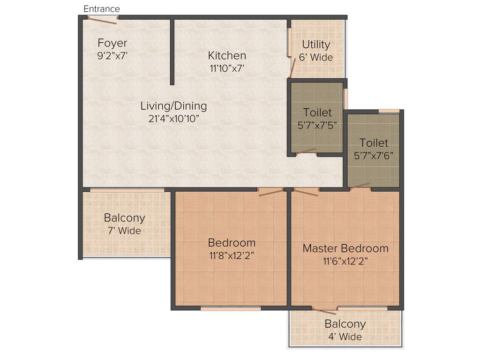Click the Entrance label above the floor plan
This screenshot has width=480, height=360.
(102, 9)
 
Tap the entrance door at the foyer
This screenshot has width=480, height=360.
(102, 20)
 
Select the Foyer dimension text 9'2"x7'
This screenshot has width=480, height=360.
(112, 55)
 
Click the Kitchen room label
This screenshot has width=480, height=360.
(227, 55)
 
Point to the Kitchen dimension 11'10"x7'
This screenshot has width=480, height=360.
(227, 68)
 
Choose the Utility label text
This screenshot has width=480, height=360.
(316, 45)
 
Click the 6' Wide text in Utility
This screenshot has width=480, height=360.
(316, 58)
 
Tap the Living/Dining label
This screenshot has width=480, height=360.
(173, 106)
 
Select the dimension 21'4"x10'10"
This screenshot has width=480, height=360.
(173, 119)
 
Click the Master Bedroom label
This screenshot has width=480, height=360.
(345, 248)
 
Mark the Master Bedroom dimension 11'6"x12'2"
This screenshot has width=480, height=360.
(345, 261)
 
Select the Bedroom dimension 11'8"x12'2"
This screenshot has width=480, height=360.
(232, 255)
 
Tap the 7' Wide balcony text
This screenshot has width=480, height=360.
(124, 231)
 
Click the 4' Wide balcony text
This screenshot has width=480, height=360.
(345, 337)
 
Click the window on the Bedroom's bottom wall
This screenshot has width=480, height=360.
(231, 308)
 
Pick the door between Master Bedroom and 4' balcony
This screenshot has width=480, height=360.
(324, 310)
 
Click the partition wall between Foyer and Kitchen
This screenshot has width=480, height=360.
(172, 52)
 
